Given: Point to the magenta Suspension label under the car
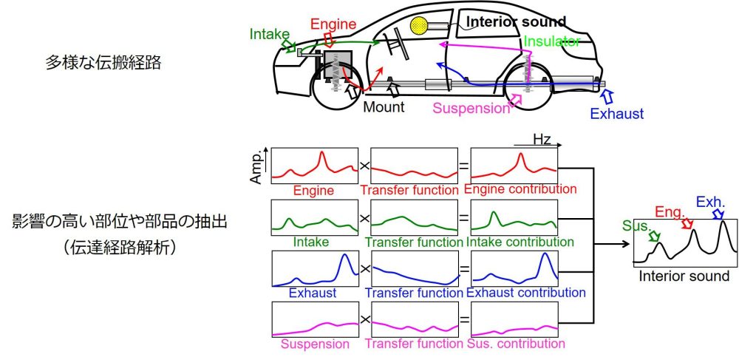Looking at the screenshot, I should pos(471,109).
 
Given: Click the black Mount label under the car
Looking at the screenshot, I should pos(384,108).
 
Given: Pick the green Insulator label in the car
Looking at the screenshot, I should pos(551,41).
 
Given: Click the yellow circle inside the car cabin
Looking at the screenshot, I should pos(420,26).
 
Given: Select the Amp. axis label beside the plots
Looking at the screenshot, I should pos(256,168).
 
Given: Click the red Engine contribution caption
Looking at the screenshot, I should pos(520,189).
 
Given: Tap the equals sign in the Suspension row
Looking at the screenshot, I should pos(463,320).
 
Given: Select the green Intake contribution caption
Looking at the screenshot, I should pos(520,241).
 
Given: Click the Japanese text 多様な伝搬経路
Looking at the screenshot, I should pos(104,63).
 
